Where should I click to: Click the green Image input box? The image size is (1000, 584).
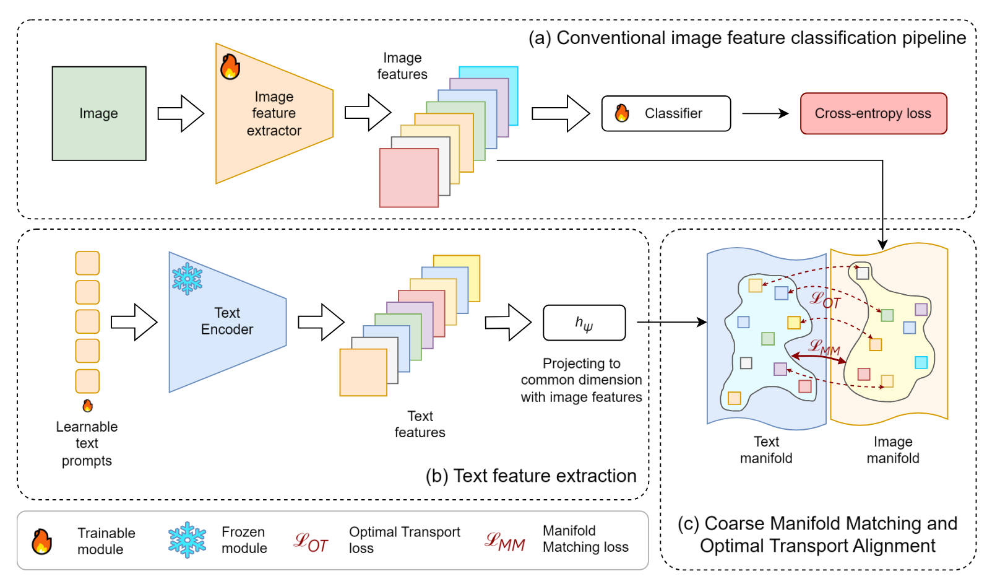coord(99,113)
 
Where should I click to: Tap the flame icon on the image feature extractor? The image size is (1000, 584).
coord(230,66)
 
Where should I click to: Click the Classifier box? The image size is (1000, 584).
coord(666,113)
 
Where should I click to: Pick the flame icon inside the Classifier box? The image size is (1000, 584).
coord(622,113)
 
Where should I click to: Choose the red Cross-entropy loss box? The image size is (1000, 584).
coord(873,113)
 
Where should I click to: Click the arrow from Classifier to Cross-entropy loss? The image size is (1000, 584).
coord(765,113)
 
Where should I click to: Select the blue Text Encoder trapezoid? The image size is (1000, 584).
coord(227,321)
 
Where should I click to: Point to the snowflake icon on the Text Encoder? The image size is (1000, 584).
coord(187,278)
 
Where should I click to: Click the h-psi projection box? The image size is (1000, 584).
coord(584,323)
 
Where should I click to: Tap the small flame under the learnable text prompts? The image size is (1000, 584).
coord(88,406)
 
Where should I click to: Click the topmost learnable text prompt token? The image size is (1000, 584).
coord(87,263)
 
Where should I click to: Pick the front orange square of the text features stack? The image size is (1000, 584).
coord(363,372)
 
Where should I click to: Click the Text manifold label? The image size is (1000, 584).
coord(766,450)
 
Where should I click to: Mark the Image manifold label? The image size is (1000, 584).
coord(892,450)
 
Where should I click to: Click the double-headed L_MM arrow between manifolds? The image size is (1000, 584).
coord(819,357)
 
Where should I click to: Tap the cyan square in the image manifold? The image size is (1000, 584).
coord(921,362)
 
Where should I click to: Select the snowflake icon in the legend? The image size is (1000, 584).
coord(187,539)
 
